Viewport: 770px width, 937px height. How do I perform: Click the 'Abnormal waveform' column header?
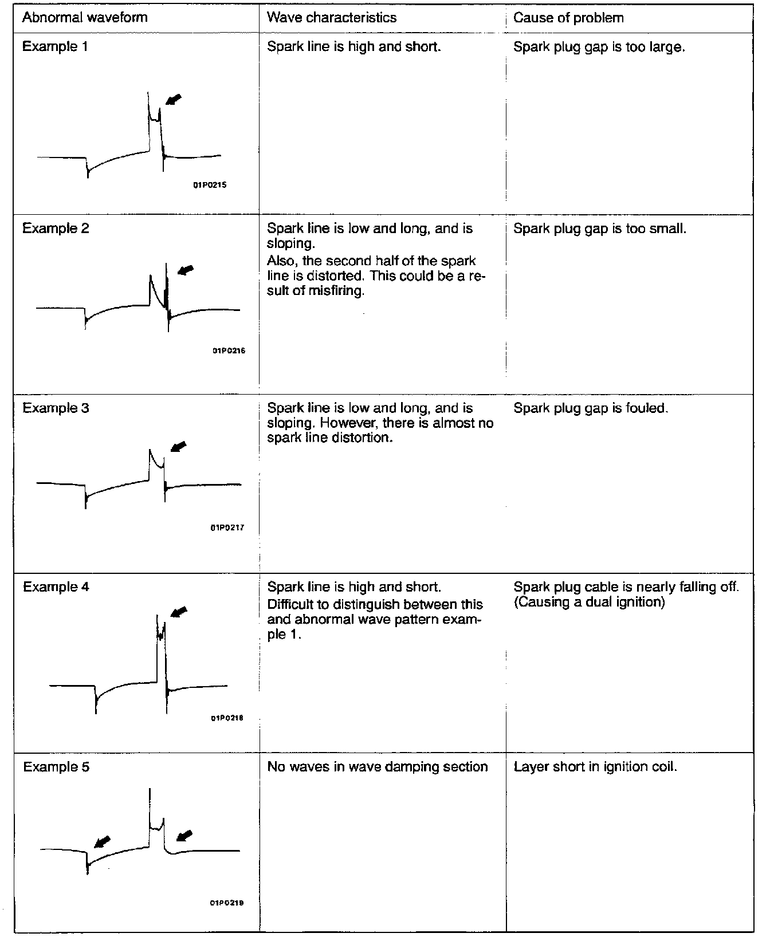[85, 18]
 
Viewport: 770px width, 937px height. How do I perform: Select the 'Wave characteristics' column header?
[332, 18]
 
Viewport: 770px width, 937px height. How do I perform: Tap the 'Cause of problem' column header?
[568, 18]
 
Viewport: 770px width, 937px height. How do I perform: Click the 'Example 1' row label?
[55, 47]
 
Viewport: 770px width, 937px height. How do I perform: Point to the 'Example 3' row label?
[56, 408]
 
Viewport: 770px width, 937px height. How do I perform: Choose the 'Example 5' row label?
[56, 767]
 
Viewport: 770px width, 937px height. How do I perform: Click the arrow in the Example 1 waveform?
[174, 100]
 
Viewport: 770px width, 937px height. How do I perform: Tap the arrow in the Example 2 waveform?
[186, 269]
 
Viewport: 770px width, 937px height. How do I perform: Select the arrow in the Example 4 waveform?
[179, 612]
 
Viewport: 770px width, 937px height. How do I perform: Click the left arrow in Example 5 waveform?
[103, 841]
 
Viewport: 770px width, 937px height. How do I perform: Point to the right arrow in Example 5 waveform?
[184, 836]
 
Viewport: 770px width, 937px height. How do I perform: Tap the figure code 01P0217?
[228, 527]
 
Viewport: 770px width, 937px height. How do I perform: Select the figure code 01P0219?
[227, 903]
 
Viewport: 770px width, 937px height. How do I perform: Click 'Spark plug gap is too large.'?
[599, 47]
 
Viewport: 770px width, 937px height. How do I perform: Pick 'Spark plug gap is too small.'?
[600, 229]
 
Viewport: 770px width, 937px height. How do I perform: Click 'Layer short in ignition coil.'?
[595, 767]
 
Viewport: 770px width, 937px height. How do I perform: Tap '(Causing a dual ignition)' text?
[589, 603]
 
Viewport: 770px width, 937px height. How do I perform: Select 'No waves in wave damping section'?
[378, 767]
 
